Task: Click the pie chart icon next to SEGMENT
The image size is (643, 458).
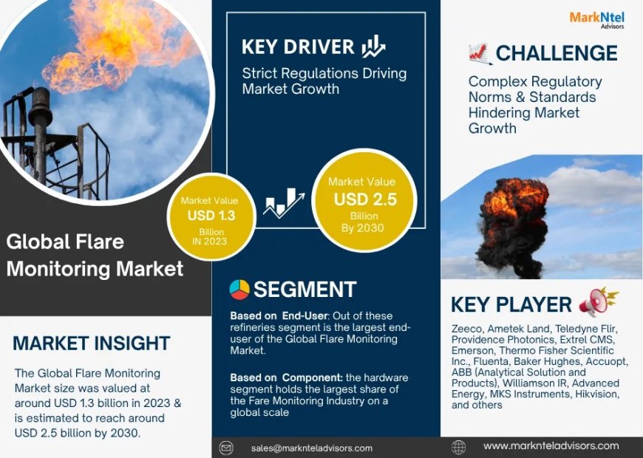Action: (x=239, y=290)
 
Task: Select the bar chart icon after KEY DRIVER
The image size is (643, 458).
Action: (x=372, y=47)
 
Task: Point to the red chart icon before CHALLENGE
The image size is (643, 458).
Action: (x=479, y=53)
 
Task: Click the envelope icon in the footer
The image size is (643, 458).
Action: (x=227, y=448)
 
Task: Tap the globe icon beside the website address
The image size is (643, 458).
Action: (x=458, y=447)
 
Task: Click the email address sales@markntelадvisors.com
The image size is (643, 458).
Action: (x=311, y=448)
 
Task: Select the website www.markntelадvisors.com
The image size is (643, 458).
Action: (x=551, y=446)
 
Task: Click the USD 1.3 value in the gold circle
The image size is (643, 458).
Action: (x=211, y=216)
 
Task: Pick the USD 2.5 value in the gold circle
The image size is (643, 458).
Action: (x=365, y=199)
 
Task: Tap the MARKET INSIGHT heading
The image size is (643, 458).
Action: (x=92, y=343)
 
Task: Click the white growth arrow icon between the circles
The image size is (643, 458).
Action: (x=285, y=202)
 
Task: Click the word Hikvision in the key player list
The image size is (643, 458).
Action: (x=596, y=394)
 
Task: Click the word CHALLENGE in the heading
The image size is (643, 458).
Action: (x=557, y=53)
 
